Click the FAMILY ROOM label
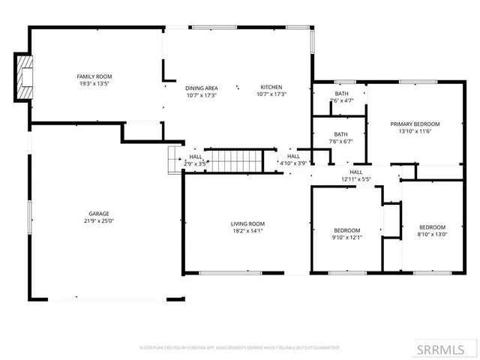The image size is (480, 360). (94, 76)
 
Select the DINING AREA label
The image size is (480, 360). (200, 87)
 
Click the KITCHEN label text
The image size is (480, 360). (271, 87)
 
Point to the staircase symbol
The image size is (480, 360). (234, 160)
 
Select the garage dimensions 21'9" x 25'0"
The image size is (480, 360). (100, 221)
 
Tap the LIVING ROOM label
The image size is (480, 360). (247, 223)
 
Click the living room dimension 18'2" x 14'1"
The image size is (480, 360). (247, 231)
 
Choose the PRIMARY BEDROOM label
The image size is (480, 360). (415, 124)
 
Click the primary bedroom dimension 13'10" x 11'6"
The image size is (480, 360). (415, 131)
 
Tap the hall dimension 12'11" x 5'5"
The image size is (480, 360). (356, 179)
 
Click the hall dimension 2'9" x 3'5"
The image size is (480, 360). (195, 163)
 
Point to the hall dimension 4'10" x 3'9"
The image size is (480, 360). (293, 163)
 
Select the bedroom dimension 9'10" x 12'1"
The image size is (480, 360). (347, 238)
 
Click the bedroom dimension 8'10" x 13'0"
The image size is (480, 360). (432, 235)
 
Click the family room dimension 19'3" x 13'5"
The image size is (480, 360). (94, 84)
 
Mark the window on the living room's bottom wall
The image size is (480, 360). (230, 271)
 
